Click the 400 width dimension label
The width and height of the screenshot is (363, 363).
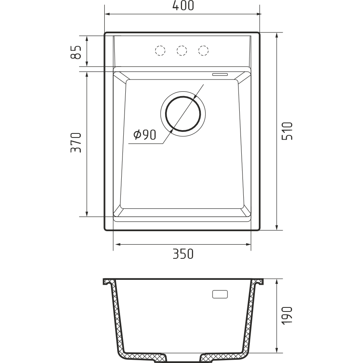coord(183,6)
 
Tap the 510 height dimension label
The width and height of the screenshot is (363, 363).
coord(287,131)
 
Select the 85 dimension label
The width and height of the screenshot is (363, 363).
coord(76,52)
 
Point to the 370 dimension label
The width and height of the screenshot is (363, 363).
coord(76,143)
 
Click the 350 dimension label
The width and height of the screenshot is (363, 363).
coord(183,254)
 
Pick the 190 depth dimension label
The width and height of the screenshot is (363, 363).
coord(287,316)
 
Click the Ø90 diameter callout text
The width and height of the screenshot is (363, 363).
coord(145,135)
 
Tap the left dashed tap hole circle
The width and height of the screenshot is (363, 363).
coord(160,50)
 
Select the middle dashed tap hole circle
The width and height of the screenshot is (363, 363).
coord(182,50)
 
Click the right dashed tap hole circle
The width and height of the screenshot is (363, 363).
coord(203,50)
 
